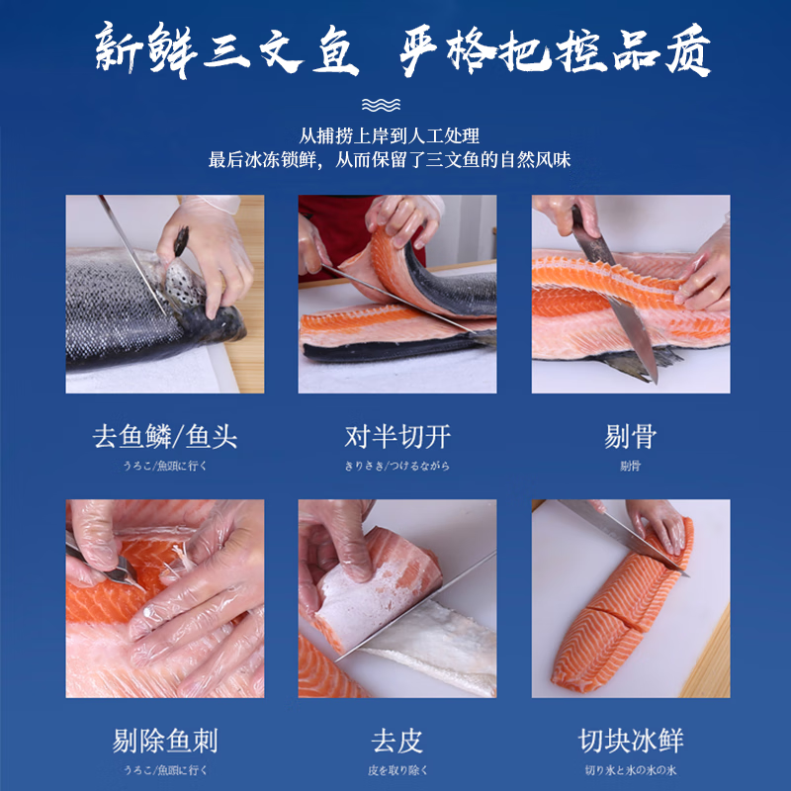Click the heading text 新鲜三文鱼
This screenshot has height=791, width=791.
(225, 50)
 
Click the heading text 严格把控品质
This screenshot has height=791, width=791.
(556, 50)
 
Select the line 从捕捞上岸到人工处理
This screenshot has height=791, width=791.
(390, 135)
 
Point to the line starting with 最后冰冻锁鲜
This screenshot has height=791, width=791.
(390, 159)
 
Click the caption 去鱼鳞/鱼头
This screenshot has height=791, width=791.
(165, 437)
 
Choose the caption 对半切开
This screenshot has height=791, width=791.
(397, 437)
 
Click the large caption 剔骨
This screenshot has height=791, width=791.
(630, 437)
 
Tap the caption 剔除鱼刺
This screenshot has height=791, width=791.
(165, 741)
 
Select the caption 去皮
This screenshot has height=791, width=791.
(397, 741)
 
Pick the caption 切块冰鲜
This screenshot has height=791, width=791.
(630, 741)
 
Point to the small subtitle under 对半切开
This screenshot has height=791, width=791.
(397, 466)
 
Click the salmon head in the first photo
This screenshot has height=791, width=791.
(213, 316)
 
